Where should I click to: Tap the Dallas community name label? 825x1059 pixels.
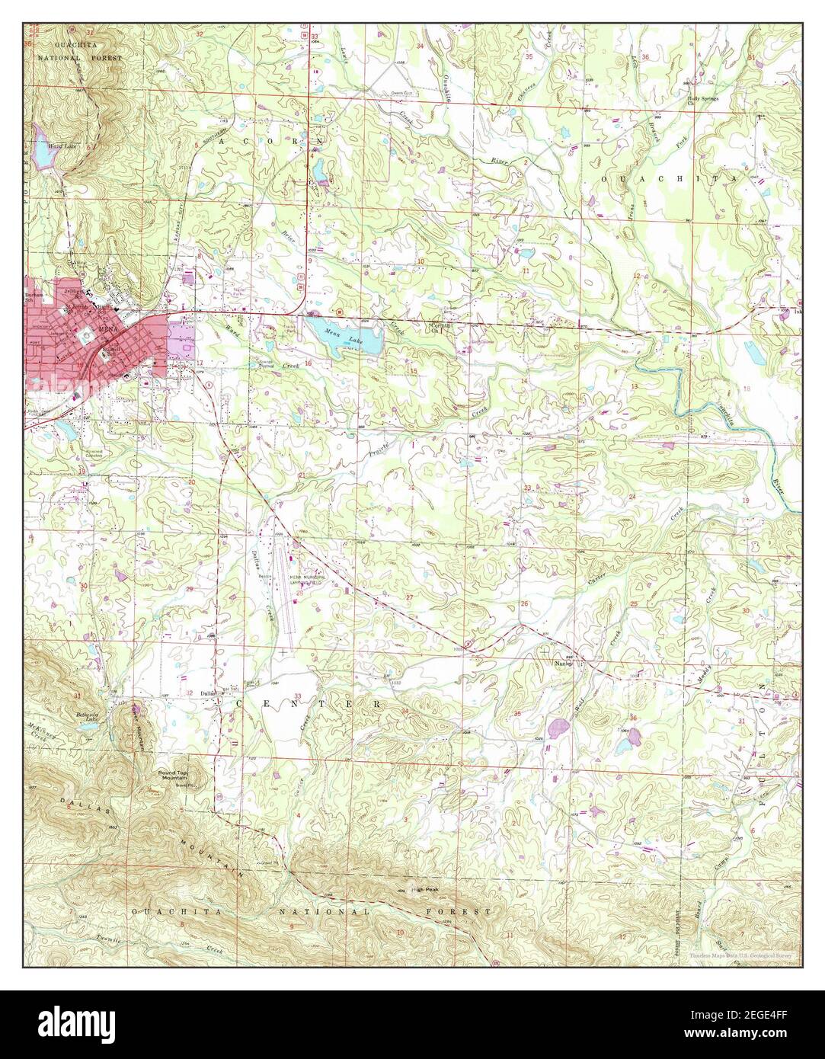(206, 693)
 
